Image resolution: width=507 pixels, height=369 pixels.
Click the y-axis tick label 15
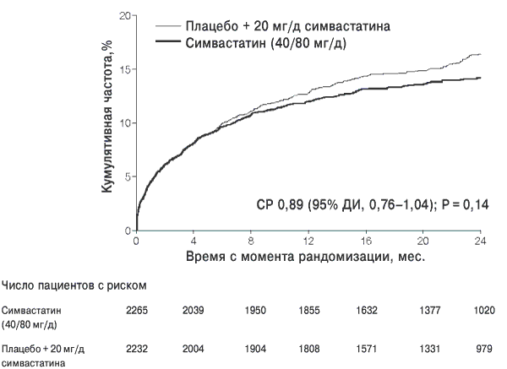coord(125,69)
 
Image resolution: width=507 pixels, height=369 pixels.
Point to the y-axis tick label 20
coord(125,16)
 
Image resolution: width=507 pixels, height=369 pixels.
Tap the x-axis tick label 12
coord(308,241)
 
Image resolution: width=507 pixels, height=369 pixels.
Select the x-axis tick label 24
coord(480,241)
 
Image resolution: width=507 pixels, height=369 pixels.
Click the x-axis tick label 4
coord(194,241)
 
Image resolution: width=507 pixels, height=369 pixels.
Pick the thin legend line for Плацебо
coord(168,26)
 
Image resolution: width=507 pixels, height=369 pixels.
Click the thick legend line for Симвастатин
coord(168,41)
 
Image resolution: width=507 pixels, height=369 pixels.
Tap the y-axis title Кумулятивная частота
coord(107,117)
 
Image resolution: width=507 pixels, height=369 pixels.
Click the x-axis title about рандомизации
coord(305,257)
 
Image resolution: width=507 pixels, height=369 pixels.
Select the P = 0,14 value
coord(466,204)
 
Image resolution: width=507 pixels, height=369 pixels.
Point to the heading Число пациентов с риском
coord(74,285)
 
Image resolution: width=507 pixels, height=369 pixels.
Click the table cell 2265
coord(137,311)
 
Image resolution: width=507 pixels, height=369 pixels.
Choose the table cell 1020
coord(484,311)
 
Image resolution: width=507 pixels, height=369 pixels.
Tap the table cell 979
coord(484,349)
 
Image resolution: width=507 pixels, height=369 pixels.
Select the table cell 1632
coord(367,311)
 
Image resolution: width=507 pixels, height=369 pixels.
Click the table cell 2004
coord(193,349)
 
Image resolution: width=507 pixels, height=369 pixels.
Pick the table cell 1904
coord(255,349)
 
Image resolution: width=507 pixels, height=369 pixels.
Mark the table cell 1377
coord(430,311)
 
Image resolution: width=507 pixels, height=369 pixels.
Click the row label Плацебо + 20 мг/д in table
coord(43,350)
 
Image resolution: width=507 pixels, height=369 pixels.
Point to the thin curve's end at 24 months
coord(481,54)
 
